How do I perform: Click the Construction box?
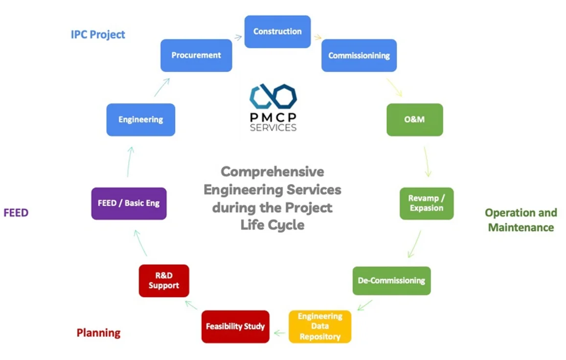click(277, 31)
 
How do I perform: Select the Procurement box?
click(196, 55)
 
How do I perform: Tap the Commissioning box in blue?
click(359, 55)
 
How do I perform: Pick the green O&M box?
click(414, 119)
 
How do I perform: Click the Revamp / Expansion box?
click(426, 203)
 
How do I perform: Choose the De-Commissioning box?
click(391, 281)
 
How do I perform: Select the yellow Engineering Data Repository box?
click(320, 326)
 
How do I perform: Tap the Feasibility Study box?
click(235, 326)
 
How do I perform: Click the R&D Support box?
click(164, 281)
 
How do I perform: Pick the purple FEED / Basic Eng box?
click(129, 203)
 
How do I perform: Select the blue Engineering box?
click(141, 119)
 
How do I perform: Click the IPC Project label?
click(98, 35)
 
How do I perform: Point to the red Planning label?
click(98, 333)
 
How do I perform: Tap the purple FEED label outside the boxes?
click(16, 212)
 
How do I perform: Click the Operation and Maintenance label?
click(521, 220)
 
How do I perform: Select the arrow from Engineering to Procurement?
click(162, 87)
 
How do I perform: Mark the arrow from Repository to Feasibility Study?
click(279, 333)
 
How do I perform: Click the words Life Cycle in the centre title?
click(272, 225)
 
